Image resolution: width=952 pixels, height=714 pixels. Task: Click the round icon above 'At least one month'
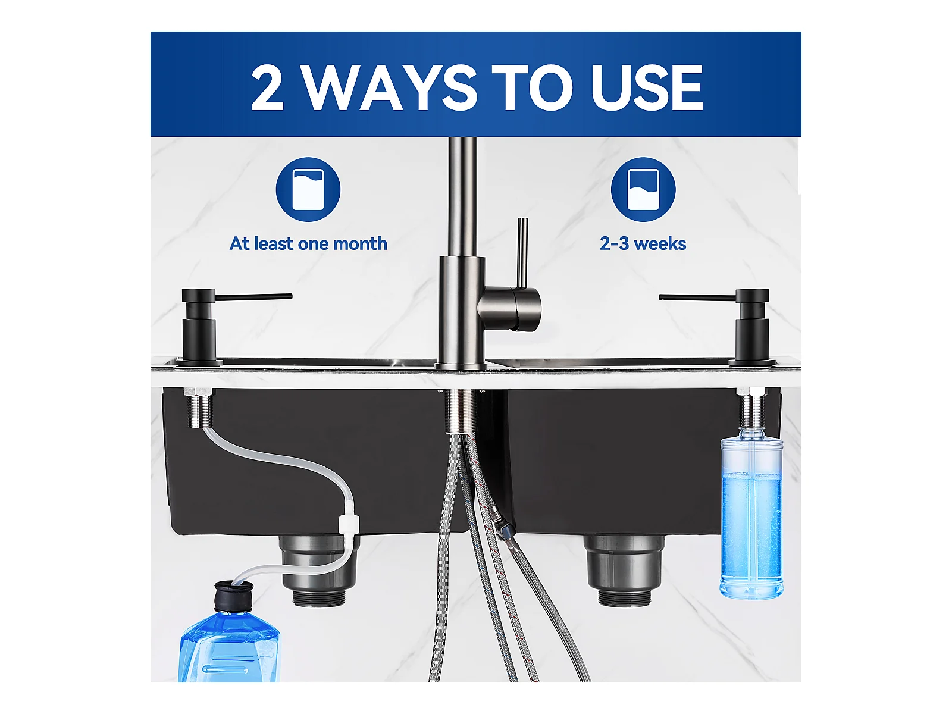pos(308,189)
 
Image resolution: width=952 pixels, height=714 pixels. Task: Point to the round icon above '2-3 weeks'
pos(643,189)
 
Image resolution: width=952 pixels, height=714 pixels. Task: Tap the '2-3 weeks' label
pos(643,243)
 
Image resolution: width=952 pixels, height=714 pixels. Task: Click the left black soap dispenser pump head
pos(236,296)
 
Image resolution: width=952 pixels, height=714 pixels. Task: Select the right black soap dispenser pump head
pos(714,296)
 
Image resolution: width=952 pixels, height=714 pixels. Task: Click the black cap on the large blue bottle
pos(234,597)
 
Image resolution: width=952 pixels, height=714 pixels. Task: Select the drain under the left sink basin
pos(319,570)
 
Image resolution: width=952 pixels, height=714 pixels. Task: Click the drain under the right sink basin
pos(625,570)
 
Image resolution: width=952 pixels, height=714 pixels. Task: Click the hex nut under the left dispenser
pos(198,392)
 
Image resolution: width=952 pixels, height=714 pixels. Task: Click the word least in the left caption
pos(274,243)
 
